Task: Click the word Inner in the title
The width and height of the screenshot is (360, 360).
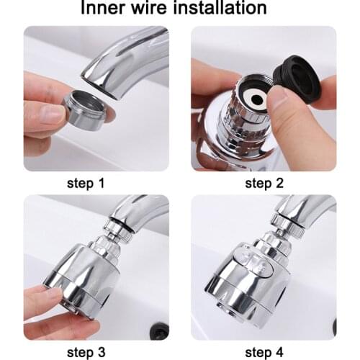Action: point(107,9)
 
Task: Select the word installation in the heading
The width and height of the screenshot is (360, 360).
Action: point(229,9)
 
